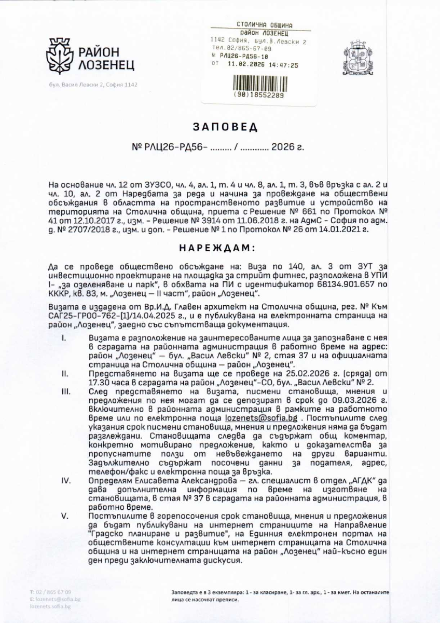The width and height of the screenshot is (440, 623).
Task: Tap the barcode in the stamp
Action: pos(258,84)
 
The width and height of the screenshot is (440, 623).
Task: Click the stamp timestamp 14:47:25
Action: pos(284,66)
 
